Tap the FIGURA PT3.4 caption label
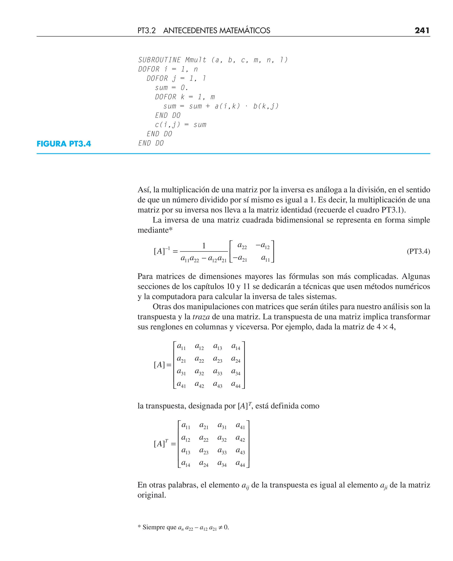pyautogui.click(x=64, y=144)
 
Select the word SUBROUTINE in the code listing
pyautogui.click(x=159, y=60)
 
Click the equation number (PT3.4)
pyautogui.click(x=418, y=251)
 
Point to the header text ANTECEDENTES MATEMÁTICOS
pyautogui.click(x=217, y=31)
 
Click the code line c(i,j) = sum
pyautogui.click(x=180, y=125)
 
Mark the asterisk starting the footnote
pyautogui.click(x=139, y=527)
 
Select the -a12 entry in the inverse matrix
pyautogui.click(x=263, y=246)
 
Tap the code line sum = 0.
pyautogui.click(x=171, y=88)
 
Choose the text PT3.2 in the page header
pyautogui.click(x=146, y=31)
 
